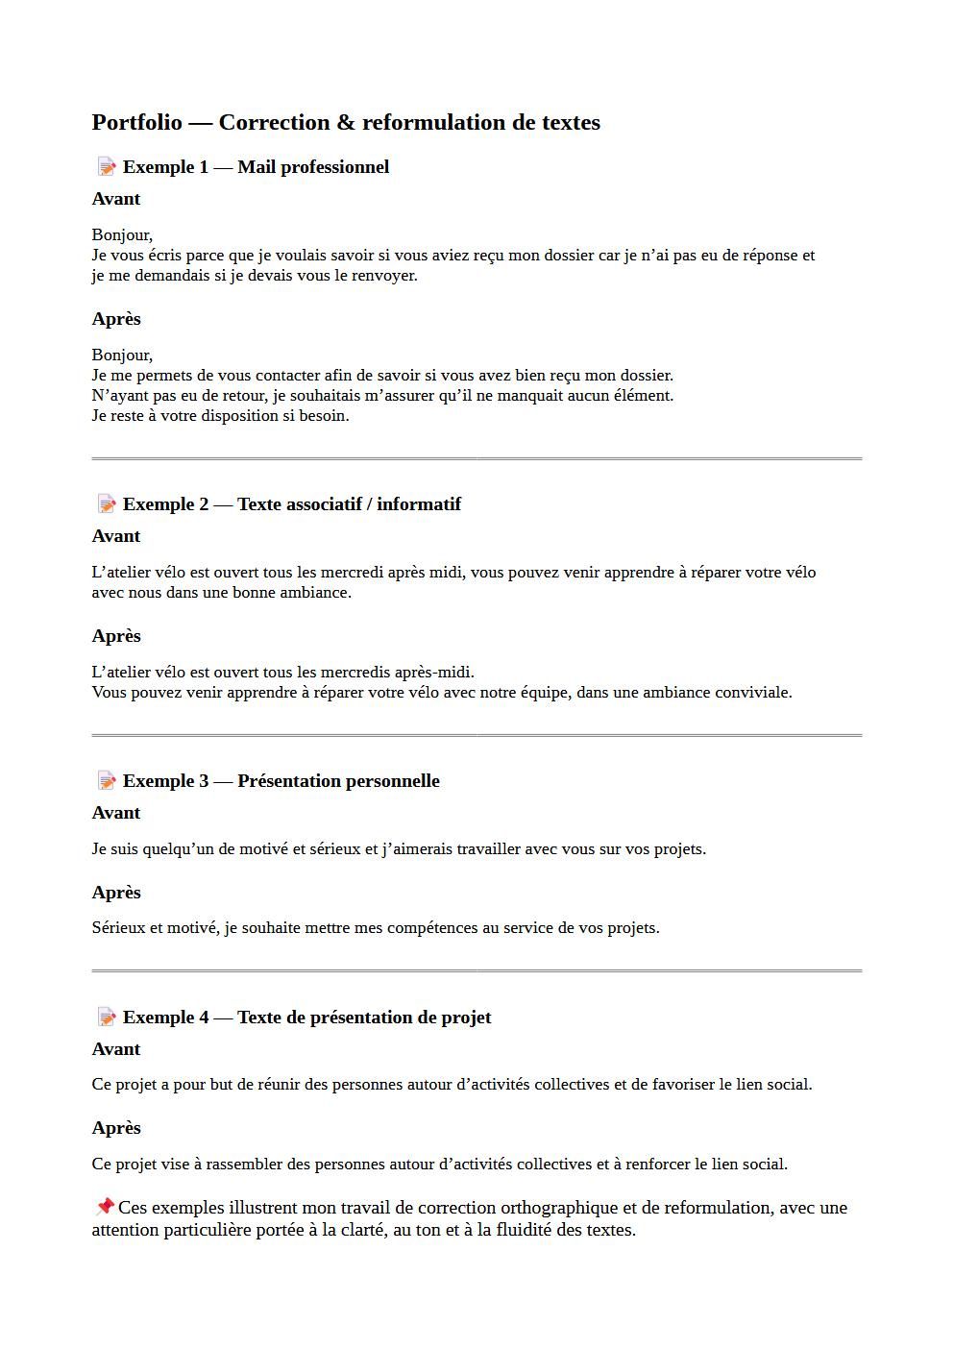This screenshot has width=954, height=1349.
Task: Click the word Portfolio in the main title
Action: (x=136, y=123)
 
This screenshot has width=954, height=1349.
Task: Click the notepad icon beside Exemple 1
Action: (x=107, y=167)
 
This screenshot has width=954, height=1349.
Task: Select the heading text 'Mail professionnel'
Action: (x=313, y=167)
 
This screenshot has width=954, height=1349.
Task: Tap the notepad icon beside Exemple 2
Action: (x=107, y=504)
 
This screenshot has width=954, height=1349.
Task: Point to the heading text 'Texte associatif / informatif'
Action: (x=349, y=504)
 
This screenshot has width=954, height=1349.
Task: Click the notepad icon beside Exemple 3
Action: (x=107, y=781)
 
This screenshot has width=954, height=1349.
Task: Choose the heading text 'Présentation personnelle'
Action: (x=338, y=781)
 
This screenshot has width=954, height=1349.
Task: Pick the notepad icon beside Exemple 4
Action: (x=107, y=1018)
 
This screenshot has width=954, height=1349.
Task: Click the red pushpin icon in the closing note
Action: (x=105, y=1207)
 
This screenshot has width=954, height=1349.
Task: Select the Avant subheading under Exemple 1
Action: (x=116, y=199)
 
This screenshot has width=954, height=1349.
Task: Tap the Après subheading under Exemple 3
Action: (x=116, y=893)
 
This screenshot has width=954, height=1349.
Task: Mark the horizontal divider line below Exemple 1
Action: (x=477, y=459)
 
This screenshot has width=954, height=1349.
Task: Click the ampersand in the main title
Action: (x=346, y=123)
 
